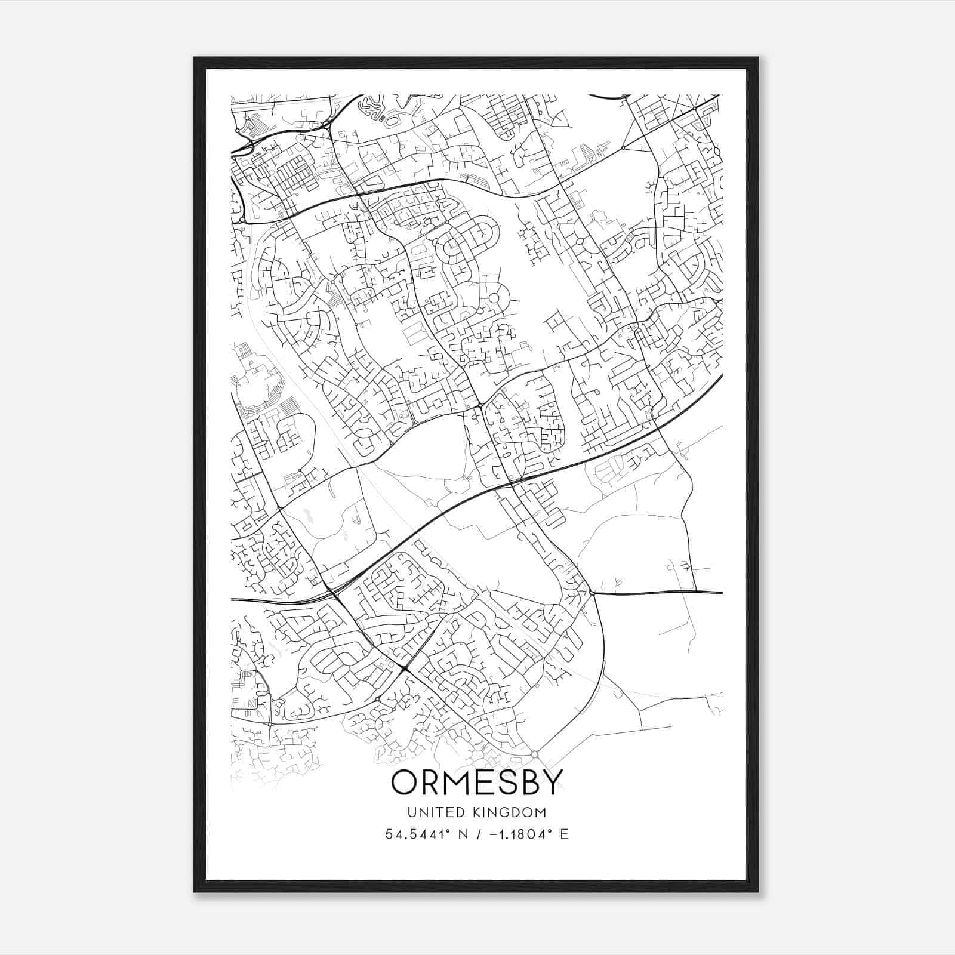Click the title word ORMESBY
pos(477,783)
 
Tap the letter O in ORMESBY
pos(405,783)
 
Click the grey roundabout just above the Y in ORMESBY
pos(535,755)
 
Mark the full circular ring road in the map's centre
pos(494,298)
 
